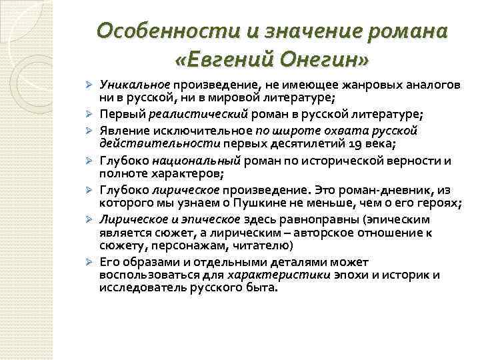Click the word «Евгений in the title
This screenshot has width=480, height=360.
(226, 61)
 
